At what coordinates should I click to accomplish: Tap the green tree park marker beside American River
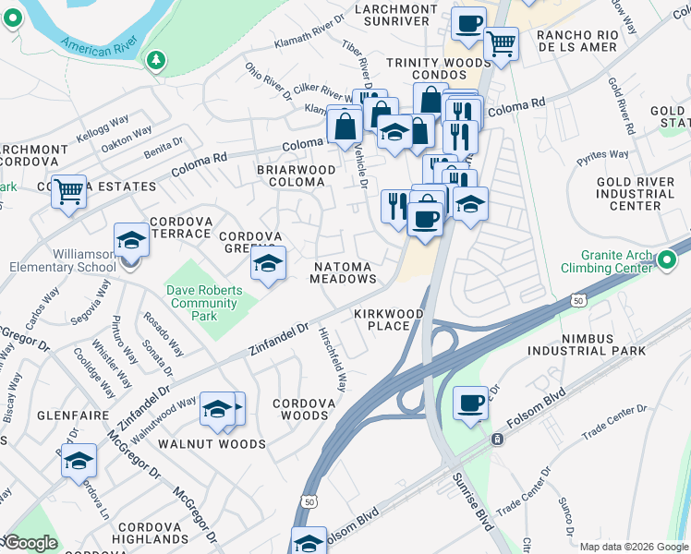[x=157, y=61]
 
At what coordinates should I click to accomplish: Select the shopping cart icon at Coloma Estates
[x=68, y=192]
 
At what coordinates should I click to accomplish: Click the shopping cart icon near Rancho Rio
[x=501, y=42]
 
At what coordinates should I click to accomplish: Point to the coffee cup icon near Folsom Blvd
[x=470, y=403]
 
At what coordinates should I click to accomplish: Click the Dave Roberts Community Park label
[x=204, y=303]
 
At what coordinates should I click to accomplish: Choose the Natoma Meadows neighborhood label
[x=344, y=271]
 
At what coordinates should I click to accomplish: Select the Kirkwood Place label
[x=388, y=320]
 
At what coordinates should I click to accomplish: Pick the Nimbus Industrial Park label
[x=587, y=344]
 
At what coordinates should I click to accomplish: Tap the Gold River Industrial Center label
[x=635, y=194]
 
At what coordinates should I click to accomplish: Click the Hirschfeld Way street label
[x=332, y=358]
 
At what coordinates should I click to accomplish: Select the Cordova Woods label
[x=301, y=410]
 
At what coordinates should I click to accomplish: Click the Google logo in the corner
[x=30, y=543]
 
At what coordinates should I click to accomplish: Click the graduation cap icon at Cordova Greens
[x=267, y=265]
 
